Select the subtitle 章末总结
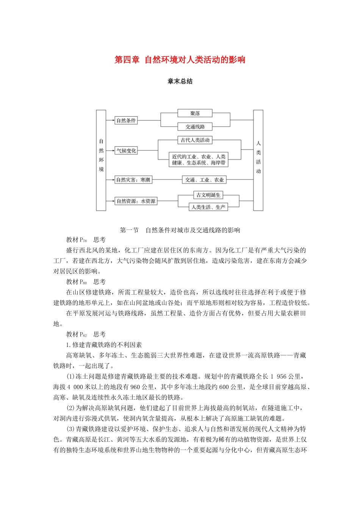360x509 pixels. click(180, 81)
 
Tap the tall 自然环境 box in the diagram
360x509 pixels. click(101, 160)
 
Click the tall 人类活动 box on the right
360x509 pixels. click(258, 160)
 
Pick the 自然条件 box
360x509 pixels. click(126, 121)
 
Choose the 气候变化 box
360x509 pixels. click(126, 151)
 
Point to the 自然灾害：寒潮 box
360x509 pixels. click(133, 180)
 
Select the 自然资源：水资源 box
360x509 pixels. click(136, 201)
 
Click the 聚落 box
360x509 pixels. click(195, 113)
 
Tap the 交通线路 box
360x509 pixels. click(195, 127)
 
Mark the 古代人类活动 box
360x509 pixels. click(195, 140)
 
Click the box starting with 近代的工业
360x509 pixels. click(199, 159)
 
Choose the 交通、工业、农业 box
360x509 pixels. click(204, 180)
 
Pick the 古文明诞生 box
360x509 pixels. click(208, 195)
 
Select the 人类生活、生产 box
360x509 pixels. click(208, 207)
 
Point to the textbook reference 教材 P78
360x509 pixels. click(77, 240)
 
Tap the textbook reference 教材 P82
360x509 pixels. click(77, 334)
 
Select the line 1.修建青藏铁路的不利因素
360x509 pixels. click(104, 345)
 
